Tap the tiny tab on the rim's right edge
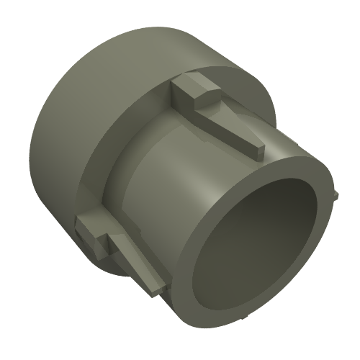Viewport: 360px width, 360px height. point(336,194)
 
